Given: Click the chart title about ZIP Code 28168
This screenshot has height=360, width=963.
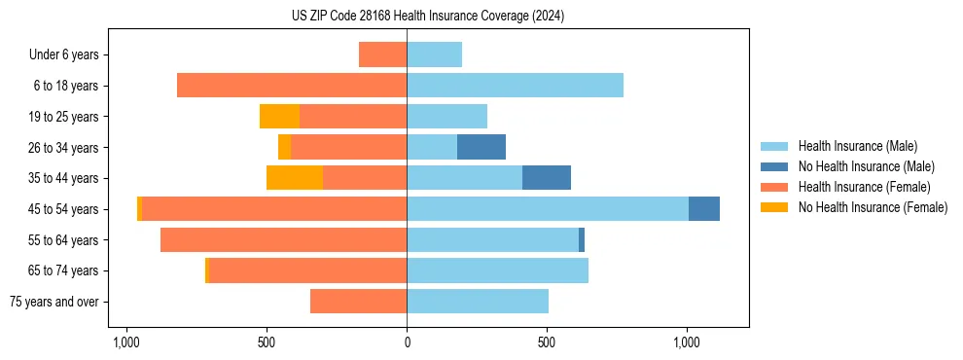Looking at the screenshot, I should coord(427,17).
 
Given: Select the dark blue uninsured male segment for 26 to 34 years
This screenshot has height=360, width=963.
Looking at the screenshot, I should coord(481,147).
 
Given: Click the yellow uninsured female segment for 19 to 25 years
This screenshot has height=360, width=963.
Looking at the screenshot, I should coord(279,117).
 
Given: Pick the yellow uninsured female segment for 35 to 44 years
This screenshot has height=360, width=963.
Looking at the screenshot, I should coord(295,178).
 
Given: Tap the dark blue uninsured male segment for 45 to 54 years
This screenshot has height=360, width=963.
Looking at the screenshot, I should coord(704,209).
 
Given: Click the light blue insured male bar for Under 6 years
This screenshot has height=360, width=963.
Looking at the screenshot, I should coord(435,54).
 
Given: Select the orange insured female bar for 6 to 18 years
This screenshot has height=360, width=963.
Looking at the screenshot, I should coord(292,86).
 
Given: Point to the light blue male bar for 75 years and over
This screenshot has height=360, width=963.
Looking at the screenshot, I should coord(478,302).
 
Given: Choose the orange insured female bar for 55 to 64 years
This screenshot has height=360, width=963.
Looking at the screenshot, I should coord(283,240).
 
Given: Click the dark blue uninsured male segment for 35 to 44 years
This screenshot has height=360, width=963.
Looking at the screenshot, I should coord(547,178).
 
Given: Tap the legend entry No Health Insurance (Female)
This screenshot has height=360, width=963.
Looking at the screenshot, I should coord(873,207).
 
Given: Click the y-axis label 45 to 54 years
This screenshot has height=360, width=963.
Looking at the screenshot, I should coord(63,209).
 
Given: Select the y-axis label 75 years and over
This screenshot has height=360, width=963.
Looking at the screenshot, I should coord(54,302).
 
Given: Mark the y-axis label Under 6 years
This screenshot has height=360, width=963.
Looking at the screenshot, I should coord(64,54).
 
